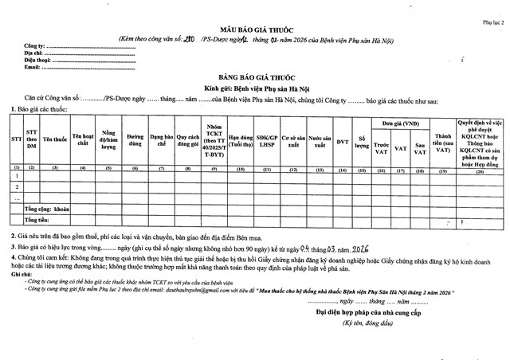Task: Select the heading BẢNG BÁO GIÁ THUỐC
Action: [254, 71]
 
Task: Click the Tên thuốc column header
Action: [55, 139]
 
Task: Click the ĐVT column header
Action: [343, 142]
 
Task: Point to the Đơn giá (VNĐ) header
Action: [401, 123]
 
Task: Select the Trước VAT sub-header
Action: [382, 147]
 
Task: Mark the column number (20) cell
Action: [480, 170]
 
